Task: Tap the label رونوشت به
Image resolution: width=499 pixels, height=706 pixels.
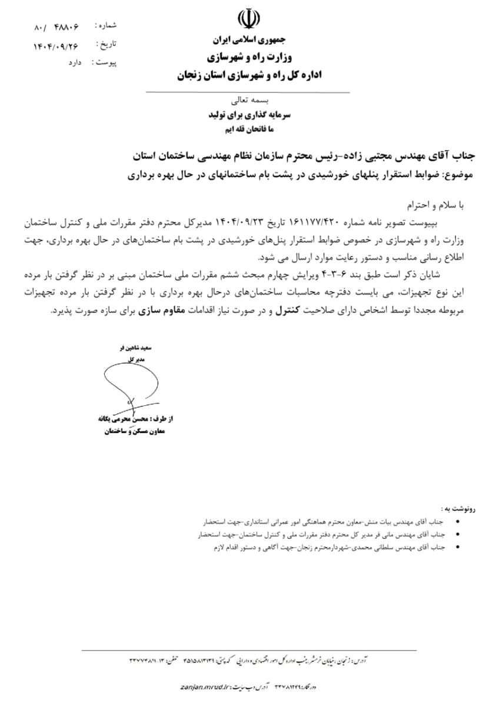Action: click(458, 508)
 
